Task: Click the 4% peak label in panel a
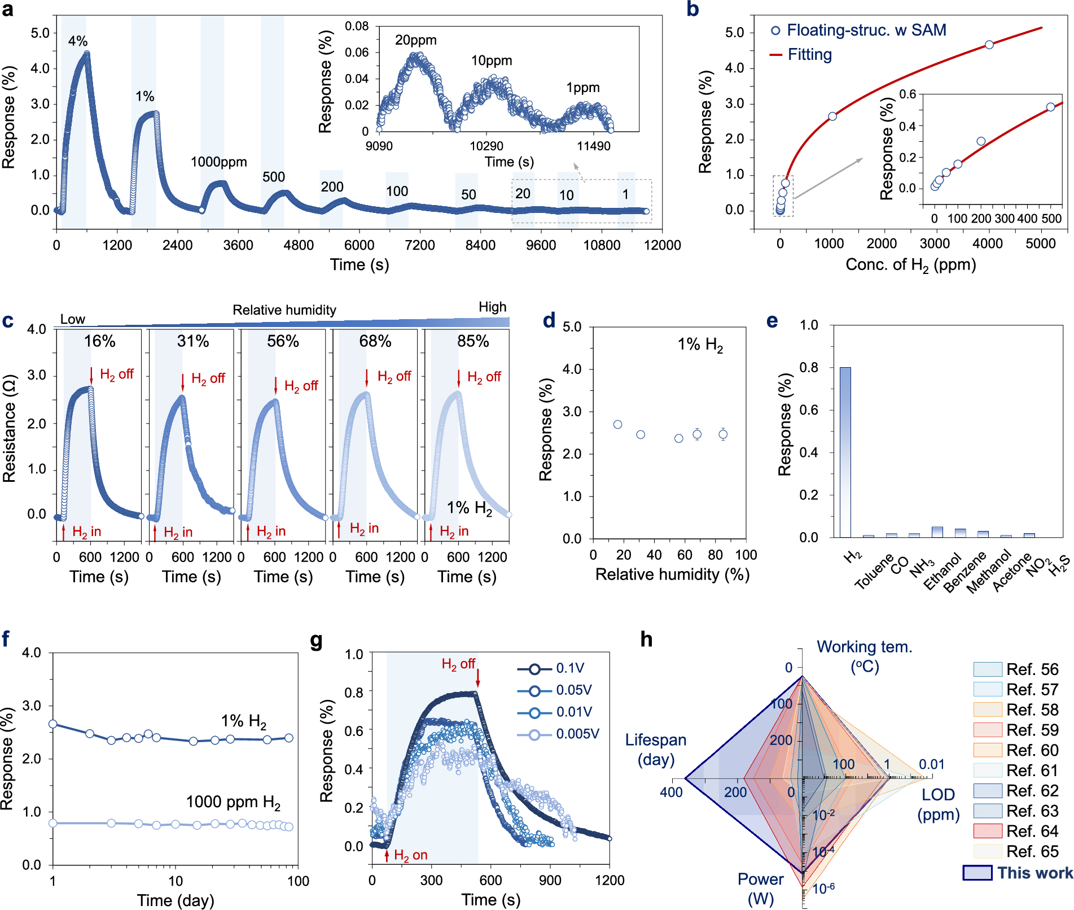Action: [x=78, y=41]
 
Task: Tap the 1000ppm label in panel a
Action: [x=218, y=162]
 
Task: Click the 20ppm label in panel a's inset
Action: [x=415, y=40]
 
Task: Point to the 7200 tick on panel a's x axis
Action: [x=419, y=245]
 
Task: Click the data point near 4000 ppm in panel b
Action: [x=989, y=45]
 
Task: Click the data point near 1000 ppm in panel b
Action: [x=832, y=116]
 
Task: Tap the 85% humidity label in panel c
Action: [x=473, y=341]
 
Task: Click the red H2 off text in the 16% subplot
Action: [x=116, y=375]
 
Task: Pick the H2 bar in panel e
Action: [x=845, y=452]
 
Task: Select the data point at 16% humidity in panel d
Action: [x=617, y=424]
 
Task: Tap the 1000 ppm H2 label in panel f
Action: [x=233, y=802]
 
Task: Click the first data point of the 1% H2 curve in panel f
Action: [x=53, y=724]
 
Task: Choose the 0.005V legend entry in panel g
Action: [x=577, y=734]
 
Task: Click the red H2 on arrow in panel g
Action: [x=387, y=855]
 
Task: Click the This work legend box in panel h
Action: [x=977, y=873]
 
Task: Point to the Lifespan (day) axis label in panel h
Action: [x=656, y=750]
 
